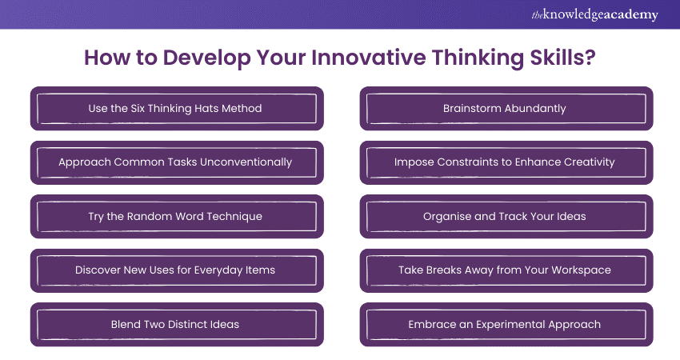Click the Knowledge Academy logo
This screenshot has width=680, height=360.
[x=594, y=14]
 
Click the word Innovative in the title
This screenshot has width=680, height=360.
[x=369, y=58]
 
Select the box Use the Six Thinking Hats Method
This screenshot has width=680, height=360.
[x=177, y=109]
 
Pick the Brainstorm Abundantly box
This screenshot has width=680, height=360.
[x=506, y=109]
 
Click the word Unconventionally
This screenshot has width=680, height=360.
[x=246, y=162]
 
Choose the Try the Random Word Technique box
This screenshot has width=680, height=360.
[x=177, y=217]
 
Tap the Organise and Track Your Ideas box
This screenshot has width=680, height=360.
[x=506, y=217]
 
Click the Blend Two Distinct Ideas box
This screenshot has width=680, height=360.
[x=177, y=325]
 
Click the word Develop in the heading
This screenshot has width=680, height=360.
[x=207, y=58]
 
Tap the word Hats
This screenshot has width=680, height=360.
[x=206, y=109]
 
